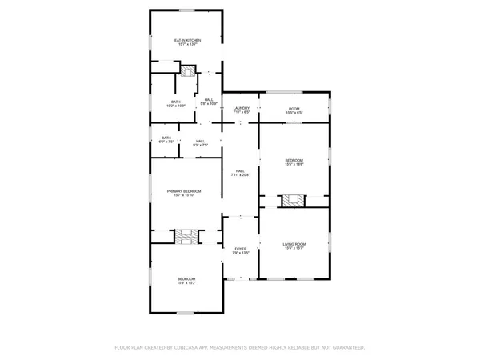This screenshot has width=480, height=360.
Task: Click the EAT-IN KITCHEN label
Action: point(188,40)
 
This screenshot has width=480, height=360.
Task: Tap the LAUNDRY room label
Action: point(242,107)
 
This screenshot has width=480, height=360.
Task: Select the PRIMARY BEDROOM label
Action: point(184,191)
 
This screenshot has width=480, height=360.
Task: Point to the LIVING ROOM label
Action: point(294,243)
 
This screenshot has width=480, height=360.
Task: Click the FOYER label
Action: point(240,250)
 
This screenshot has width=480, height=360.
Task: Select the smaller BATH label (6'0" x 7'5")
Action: point(166,138)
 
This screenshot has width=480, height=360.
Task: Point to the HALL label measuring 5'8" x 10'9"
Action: point(208,100)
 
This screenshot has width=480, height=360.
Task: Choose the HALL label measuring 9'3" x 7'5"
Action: point(200,142)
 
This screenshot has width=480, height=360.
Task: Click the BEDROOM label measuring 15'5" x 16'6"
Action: point(294,161)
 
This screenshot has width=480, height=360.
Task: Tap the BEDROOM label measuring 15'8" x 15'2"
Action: point(186,278)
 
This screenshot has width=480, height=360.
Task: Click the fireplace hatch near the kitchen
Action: point(187,71)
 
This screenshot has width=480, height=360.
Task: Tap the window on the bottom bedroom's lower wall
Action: point(186,312)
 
